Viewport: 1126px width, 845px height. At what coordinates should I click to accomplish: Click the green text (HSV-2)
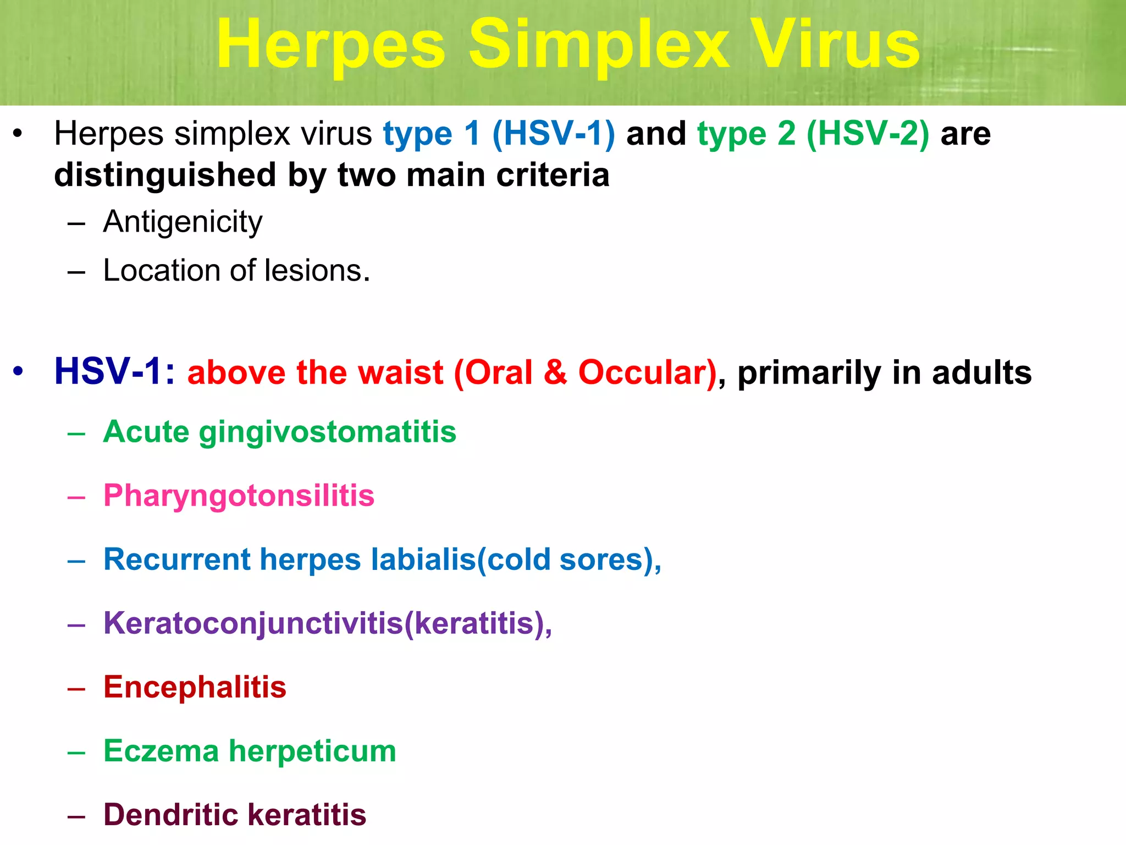(x=868, y=134)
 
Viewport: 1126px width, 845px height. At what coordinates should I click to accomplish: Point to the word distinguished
(x=165, y=175)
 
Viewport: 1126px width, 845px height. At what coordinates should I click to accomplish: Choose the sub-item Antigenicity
(x=183, y=222)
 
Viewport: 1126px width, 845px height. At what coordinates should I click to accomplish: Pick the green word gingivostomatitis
(x=328, y=432)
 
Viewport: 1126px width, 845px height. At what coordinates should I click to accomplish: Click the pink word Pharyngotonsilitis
(x=239, y=496)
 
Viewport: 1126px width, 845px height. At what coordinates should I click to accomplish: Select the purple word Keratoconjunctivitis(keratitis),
(x=328, y=623)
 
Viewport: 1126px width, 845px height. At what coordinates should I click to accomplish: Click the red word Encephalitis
(x=195, y=687)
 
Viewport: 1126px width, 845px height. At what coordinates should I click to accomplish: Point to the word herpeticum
(x=312, y=751)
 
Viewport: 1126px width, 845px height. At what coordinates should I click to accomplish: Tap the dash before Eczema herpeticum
(x=76, y=752)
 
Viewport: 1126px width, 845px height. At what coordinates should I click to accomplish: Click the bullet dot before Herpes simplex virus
(x=18, y=134)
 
